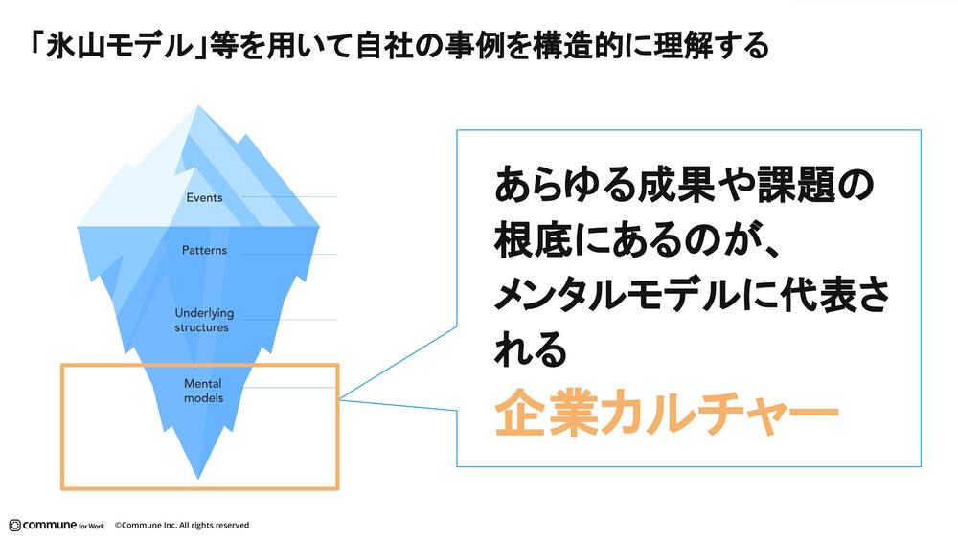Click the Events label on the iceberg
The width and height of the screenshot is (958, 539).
coord(204,198)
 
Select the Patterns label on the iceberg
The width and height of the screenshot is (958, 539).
coord(204,251)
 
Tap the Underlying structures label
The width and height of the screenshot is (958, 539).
coord(202,320)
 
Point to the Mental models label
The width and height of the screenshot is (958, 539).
coord(203,390)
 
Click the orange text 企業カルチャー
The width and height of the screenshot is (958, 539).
coord(667,414)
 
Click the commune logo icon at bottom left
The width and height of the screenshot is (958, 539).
coord(14,525)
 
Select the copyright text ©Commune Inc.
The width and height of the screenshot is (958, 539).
coord(182,525)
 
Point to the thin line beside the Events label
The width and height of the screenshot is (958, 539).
coord(287,197)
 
